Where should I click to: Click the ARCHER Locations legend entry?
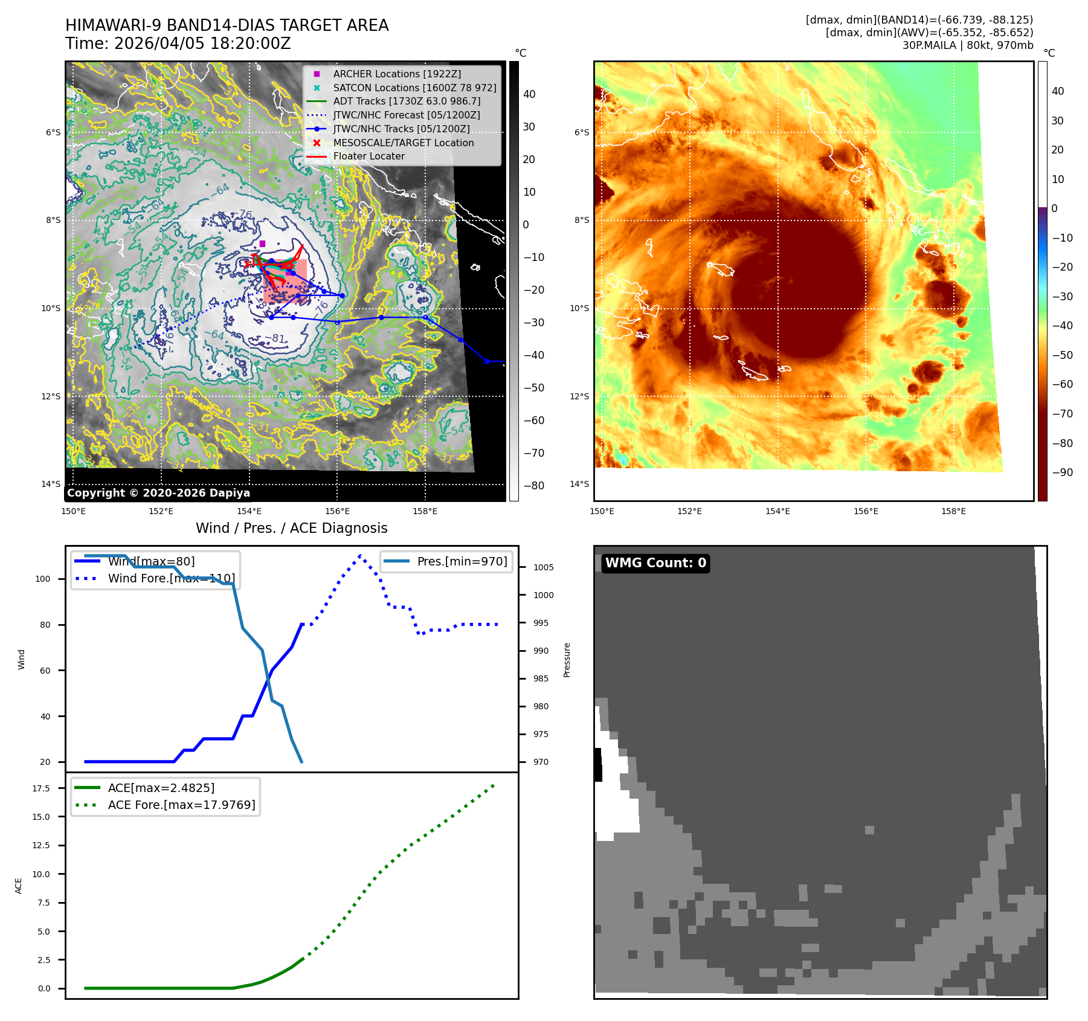[396, 74]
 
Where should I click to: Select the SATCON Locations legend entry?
[414, 88]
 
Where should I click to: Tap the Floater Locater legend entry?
[369, 156]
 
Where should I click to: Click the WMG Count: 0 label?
[655, 563]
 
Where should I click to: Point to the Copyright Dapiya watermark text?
[158, 493]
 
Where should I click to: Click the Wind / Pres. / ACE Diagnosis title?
[291, 528]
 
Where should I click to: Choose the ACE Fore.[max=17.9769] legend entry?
[181, 805]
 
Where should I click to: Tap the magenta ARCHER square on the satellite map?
[262, 243]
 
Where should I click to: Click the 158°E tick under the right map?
[953, 511]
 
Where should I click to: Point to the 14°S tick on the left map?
[51, 484]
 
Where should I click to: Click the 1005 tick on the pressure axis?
[543, 567]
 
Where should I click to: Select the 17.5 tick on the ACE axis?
[41, 788]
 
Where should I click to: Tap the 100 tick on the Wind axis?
[43, 579]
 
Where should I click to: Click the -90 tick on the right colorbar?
[1062, 472]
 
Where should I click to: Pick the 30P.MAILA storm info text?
[967, 45]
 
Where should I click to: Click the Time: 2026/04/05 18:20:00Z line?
[178, 43]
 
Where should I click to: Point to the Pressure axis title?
[567, 660]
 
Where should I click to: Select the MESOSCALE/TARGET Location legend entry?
[403, 143]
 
